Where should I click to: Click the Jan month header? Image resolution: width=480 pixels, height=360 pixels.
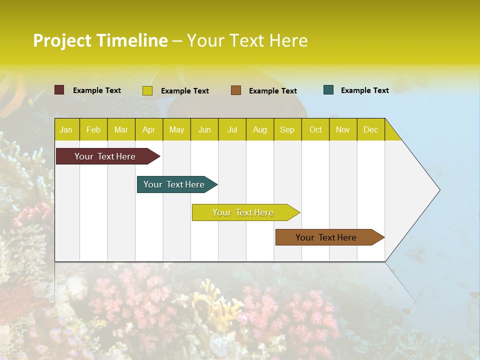tap(66, 129)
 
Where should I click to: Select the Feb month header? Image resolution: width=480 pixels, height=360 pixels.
tap(93, 129)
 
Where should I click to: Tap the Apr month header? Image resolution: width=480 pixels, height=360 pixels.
tap(148, 129)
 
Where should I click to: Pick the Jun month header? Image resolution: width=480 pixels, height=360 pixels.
tap(204, 129)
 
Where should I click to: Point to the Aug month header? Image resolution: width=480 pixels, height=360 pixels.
tap(259, 129)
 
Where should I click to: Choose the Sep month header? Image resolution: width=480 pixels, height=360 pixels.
tap(287, 129)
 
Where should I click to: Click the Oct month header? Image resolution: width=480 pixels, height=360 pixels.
tap(315, 129)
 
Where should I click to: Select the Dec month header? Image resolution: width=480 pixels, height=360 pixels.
tap(370, 129)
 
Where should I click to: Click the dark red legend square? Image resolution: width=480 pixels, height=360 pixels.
tap(59, 90)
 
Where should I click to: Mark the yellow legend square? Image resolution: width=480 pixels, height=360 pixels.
tap(147, 90)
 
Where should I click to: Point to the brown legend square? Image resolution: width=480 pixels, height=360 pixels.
tap(236, 90)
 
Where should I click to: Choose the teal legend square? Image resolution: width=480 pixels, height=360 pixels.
tap(328, 90)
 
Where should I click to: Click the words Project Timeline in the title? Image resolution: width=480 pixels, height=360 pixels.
tap(100, 40)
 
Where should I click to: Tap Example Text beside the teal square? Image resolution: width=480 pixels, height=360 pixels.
tap(364, 90)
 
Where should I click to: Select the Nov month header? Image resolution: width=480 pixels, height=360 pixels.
tap(343, 129)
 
